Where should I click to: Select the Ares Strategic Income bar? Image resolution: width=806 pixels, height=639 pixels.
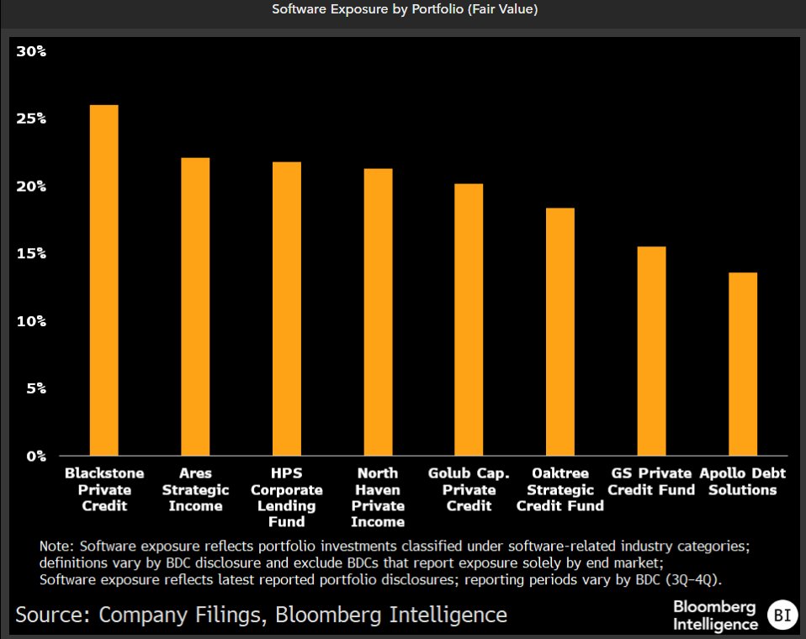point(195,307)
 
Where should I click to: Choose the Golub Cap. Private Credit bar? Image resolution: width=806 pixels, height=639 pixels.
point(469,319)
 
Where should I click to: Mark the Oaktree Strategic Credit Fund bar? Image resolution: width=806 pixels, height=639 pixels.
point(560,331)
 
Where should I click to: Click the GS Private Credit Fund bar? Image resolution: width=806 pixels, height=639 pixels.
point(652,351)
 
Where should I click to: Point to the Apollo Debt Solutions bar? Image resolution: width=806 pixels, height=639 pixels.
point(743,364)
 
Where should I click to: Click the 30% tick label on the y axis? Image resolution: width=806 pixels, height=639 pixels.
point(31,51)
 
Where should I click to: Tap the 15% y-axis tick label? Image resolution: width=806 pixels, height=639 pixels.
point(31,254)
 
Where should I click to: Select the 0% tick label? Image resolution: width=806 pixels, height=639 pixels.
point(34,457)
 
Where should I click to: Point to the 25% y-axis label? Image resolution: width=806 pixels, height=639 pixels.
point(31,119)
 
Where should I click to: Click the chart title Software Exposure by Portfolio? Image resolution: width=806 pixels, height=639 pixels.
point(404,10)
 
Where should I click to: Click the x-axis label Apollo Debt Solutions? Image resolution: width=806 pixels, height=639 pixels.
point(743,482)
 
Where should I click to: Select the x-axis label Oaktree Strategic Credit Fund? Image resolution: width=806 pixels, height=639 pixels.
point(560,489)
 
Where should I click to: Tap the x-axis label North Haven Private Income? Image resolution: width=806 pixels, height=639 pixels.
point(378,498)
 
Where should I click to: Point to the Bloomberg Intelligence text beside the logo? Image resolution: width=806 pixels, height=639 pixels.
point(714,615)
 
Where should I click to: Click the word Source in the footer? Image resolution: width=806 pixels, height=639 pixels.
point(52,615)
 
